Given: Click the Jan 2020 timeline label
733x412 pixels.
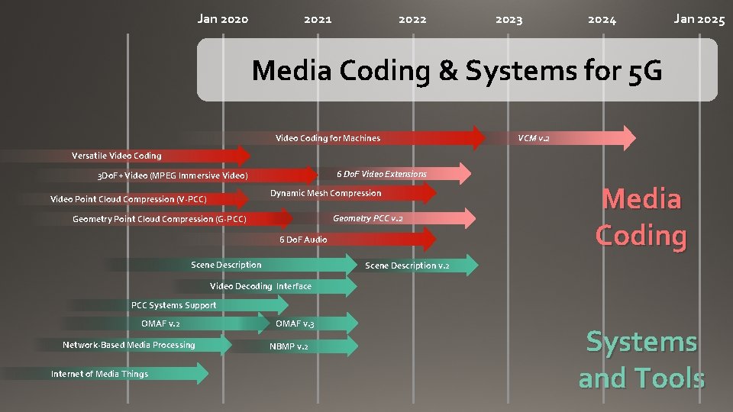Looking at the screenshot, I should tap(222, 19).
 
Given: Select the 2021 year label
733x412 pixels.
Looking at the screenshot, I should tap(318, 19).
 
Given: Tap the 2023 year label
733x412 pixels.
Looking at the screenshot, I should tap(509, 19).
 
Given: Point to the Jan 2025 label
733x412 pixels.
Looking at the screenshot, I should tap(699, 19).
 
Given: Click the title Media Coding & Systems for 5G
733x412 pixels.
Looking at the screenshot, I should tap(457, 71).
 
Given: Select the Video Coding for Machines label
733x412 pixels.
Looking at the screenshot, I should tap(328, 138).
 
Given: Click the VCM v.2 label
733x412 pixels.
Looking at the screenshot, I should tap(533, 138).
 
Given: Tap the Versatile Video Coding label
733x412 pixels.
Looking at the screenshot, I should tap(117, 156).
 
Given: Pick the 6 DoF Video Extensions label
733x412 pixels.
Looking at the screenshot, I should tap(382, 174).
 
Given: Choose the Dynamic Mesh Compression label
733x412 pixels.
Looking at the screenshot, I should tap(325, 193).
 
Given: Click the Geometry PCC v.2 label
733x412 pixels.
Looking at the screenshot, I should tap(368, 218).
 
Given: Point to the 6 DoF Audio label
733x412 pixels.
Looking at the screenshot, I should tap(303, 240).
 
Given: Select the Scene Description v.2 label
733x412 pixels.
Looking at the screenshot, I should tap(407, 266).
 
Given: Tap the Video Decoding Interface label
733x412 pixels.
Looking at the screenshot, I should tap(260, 286).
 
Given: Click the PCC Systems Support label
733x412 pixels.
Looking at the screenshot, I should tap(173, 305).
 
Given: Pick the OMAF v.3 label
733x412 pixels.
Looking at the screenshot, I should tap(295, 323).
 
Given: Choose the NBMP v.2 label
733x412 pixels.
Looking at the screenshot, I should tap(289, 346).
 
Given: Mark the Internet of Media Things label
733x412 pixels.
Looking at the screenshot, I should tap(99, 374).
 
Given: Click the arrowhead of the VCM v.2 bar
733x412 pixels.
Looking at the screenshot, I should tap(627, 137).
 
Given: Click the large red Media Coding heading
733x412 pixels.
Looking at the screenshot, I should tap(641, 217).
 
